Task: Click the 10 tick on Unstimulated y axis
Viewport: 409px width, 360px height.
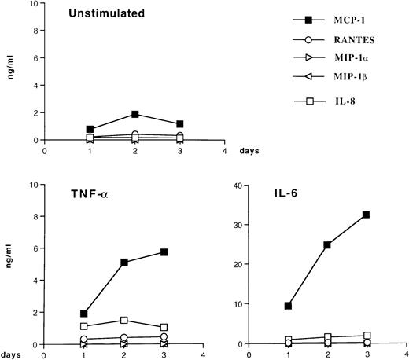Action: (35, 4)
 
